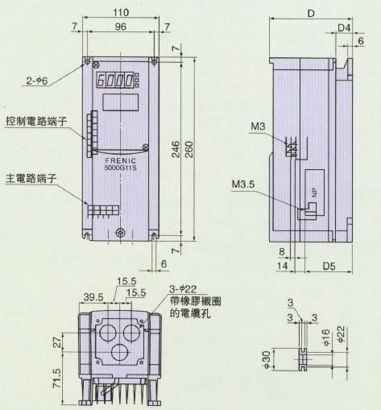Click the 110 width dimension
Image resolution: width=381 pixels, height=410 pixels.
(x=121, y=12)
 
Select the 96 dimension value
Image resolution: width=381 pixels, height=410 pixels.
(x=120, y=27)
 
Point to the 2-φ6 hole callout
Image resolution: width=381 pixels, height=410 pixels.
(x=37, y=81)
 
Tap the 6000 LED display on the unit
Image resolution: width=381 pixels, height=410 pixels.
(x=115, y=81)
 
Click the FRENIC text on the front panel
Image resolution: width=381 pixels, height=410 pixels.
(x=121, y=160)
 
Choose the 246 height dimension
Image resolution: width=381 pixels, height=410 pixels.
(x=176, y=149)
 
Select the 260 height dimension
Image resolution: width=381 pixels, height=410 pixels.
(x=189, y=149)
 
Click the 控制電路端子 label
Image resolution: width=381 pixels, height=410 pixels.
(x=36, y=122)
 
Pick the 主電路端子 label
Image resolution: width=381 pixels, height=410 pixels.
(x=31, y=179)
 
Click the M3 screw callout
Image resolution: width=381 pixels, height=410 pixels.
(x=258, y=126)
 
